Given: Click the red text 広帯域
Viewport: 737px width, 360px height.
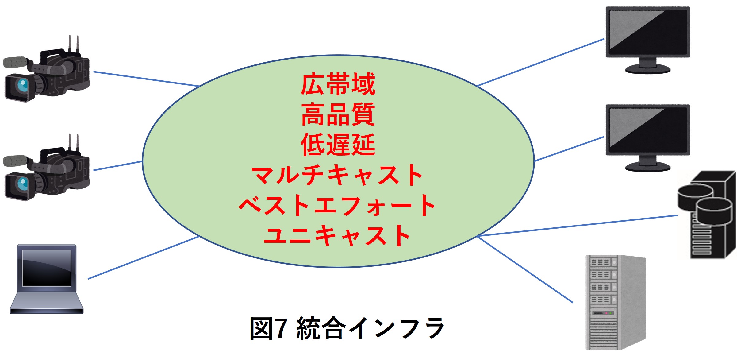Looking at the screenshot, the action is click(x=338, y=84).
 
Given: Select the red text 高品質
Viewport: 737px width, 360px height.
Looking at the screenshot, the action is click(x=338, y=114).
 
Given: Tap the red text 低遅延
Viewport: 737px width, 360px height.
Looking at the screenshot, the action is click(x=338, y=145).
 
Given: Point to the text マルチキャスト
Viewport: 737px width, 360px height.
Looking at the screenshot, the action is click(x=337, y=175).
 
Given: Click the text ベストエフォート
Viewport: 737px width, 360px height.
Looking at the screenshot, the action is click(x=337, y=205).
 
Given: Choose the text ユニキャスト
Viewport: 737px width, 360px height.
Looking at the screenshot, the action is click(x=337, y=235).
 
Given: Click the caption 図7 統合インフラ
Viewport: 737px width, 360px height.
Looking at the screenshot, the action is click(x=347, y=328).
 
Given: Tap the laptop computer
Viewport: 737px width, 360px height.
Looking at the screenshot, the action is click(x=47, y=279).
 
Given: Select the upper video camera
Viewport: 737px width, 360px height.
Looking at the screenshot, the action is click(x=47, y=69).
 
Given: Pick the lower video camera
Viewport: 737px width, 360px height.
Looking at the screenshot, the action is click(x=47, y=168).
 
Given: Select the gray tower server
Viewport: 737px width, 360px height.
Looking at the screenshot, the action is click(x=616, y=302).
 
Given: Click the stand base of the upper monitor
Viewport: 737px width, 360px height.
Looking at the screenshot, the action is click(x=648, y=69).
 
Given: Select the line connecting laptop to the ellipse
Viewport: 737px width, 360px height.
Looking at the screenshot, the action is click(x=144, y=258).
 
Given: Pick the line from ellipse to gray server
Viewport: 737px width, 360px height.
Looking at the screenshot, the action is click(x=525, y=269).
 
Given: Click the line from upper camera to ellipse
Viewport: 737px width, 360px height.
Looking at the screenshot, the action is click(x=146, y=79).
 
